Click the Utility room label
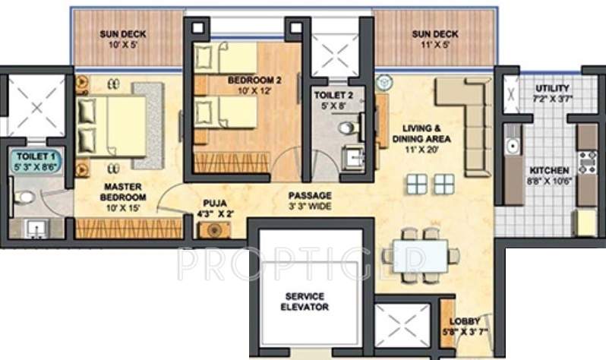click(551, 93)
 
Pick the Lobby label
click(465, 326)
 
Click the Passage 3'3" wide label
click(309, 201)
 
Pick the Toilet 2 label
click(333, 101)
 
